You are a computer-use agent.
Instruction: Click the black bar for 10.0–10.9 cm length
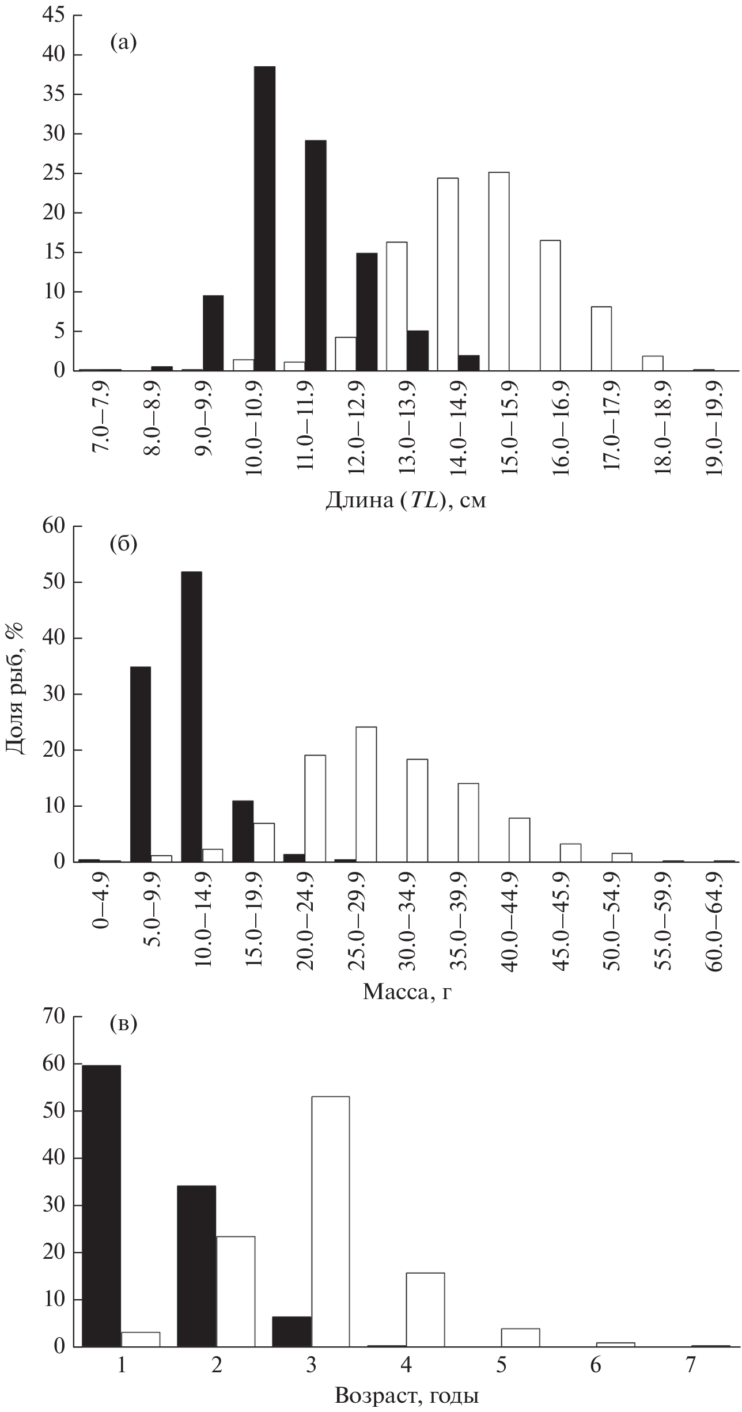(x=264, y=219)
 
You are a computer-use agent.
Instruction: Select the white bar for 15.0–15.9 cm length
(x=498, y=271)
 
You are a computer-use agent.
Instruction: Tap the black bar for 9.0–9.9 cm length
(x=213, y=333)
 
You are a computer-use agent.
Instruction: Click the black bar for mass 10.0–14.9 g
(x=191, y=716)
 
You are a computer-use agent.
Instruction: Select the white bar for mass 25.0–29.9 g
(x=366, y=794)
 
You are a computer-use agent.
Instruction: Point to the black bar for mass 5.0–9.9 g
(x=141, y=764)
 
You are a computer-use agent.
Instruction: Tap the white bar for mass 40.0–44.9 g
(x=519, y=840)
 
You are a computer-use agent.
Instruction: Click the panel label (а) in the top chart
(x=123, y=43)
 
